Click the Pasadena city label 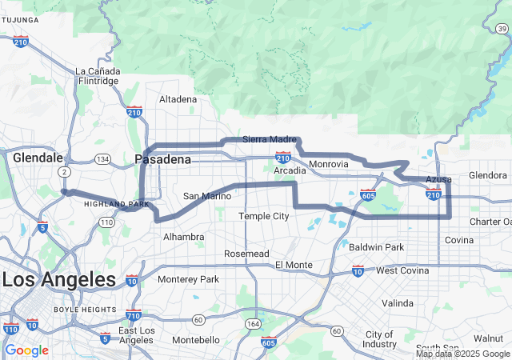[x=163, y=159]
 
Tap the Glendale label [x=38, y=158]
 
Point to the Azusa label [x=438, y=178]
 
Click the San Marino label [x=206, y=196]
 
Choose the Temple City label [x=263, y=216]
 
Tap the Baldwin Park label [x=377, y=247]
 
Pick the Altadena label [x=178, y=99]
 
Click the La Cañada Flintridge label [x=97, y=76]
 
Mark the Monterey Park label [x=188, y=279]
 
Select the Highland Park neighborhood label [x=117, y=204]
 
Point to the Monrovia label [x=329, y=164]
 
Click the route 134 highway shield [x=102, y=158]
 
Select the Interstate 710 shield [x=134, y=315]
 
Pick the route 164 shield [x=254, y=323]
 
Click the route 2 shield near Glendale [x=62, y=172]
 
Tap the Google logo [x=27, y=350]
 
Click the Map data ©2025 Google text [x=462, y=354]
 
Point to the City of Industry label [x=380, y=339]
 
